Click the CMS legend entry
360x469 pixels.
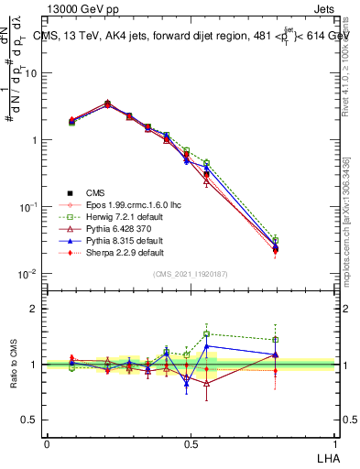(95, 192)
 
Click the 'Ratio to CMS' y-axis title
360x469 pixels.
(14, 364)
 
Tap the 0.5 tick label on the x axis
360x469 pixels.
(190, 443)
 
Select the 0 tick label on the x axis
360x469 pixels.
(47, 443)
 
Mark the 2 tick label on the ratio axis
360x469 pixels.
(33, 310)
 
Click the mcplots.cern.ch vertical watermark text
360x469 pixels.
(346, 229)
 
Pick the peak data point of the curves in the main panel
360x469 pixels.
(108, 104)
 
